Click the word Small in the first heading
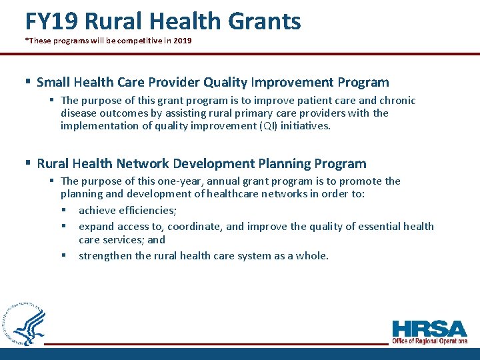[x=53, y=83]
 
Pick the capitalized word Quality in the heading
[x=225, y=83]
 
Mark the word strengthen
[x=105, y=256]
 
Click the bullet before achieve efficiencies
[x=65, y=211]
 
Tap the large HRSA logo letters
[x=430, y=329]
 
